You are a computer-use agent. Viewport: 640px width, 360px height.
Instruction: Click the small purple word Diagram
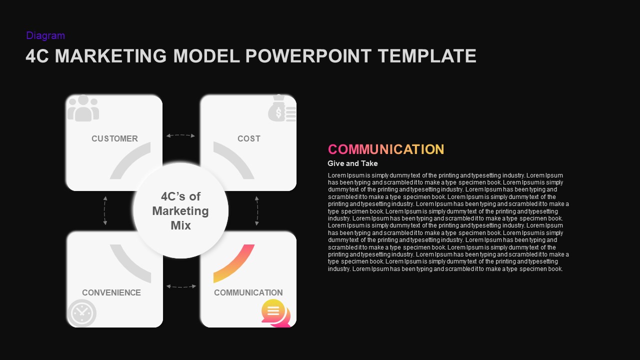(45, 35)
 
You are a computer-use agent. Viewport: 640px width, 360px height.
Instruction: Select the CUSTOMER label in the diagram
(114, 138)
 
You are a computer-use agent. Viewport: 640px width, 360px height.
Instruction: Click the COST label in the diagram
(249, 138)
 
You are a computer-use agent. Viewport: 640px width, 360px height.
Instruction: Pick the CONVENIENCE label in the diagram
(111, 292)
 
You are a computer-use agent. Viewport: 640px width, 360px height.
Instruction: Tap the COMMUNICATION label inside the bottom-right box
(248, 292)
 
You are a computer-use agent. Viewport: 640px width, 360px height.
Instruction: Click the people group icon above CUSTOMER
(83, 108)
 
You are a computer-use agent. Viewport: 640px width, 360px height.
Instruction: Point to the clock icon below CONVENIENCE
(81, 313)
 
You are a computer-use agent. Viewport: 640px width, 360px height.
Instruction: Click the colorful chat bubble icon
(275, 312)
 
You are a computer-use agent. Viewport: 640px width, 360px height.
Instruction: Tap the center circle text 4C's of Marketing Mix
(180, 210)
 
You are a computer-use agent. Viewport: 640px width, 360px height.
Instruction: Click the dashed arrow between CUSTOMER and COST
(180, 135)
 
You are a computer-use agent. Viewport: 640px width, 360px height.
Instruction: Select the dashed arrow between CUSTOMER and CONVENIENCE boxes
(105, 210)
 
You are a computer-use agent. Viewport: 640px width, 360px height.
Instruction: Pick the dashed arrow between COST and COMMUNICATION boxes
(257, 210)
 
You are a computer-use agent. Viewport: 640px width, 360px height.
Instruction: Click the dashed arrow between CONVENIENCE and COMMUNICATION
(180, 286)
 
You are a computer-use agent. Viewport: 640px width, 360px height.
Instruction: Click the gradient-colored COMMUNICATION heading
(385, 149)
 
